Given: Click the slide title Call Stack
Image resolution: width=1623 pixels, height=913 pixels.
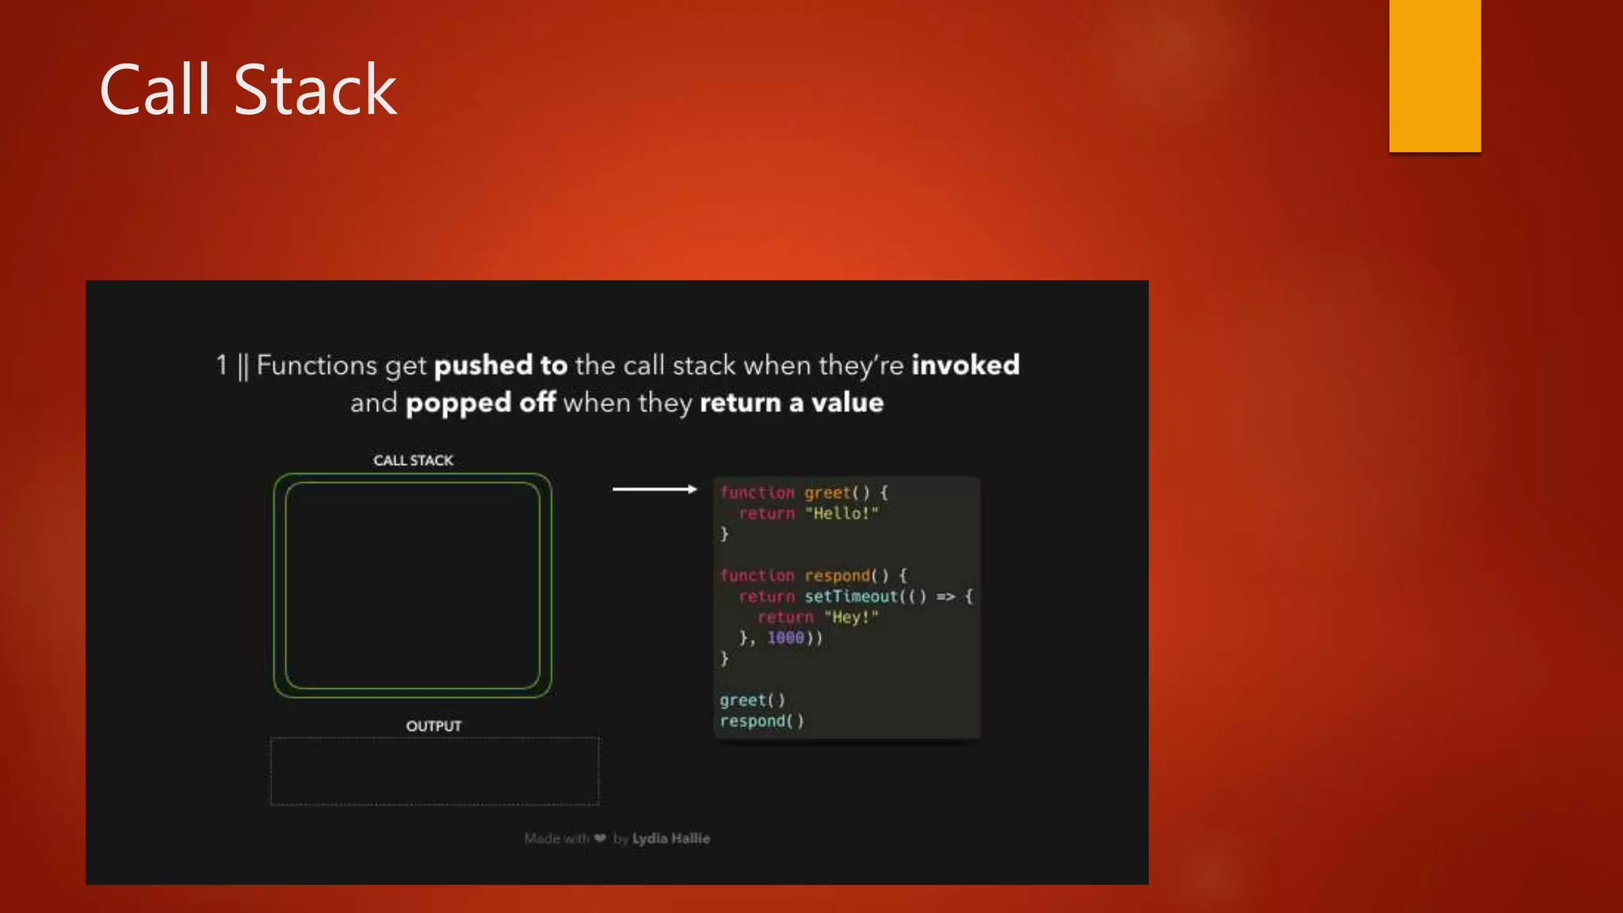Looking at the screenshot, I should (x=247, y=90).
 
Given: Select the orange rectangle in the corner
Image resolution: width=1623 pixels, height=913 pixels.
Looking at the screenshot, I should (x=1434, y=75).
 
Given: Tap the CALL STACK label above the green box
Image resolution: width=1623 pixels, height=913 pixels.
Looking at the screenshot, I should (x=413, y=460).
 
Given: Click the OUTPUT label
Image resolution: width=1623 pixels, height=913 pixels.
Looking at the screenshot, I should (x=433, y=726).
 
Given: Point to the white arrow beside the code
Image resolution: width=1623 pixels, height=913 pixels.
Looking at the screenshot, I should (x=655, y=490).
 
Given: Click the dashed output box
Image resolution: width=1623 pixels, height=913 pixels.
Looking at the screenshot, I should (x=434, y=771).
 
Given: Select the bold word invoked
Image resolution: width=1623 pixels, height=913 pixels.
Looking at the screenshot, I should (x=965, y=365).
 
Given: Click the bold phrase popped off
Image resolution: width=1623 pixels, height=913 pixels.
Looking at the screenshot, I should (x=480, y=403).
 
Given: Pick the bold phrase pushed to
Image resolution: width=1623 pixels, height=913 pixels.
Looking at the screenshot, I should (x=501, y=365).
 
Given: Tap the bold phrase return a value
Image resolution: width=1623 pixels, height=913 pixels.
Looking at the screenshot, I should (x=791, y=403).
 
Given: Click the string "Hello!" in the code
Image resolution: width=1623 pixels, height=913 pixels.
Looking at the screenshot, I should (x=842, y=514).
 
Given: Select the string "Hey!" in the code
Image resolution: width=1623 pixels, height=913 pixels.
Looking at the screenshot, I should (x=851, y=617).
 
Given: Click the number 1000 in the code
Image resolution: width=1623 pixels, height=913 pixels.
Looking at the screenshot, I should (x=785, y=638).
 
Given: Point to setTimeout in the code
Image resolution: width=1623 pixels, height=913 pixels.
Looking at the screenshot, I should (x=851, y=597).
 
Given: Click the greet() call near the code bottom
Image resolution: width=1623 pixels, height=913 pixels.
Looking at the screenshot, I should (x=752, y=701).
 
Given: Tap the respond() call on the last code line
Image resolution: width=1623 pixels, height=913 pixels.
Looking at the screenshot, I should (x=762, y=721).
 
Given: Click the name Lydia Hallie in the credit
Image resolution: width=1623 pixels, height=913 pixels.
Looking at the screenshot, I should (x=670, y=839).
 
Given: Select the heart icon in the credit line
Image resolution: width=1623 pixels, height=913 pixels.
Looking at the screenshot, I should (x=600, y=839).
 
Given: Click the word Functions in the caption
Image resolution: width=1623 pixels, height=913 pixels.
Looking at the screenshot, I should (x=317, y=365).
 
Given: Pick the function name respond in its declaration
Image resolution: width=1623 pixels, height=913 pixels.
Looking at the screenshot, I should (x=837, y=576).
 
